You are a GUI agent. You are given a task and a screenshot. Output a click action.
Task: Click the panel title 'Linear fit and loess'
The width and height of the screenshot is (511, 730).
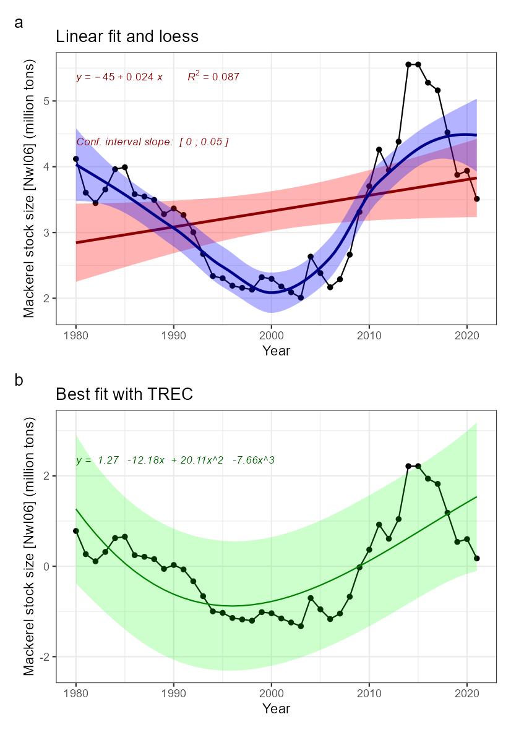[127, 36]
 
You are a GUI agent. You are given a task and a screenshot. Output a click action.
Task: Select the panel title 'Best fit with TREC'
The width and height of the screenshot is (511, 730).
[124, 394]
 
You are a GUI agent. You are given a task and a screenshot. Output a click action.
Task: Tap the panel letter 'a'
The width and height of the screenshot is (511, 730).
[19, 23]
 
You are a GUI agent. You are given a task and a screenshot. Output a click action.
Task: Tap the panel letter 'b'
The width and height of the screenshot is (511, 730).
[19, 380]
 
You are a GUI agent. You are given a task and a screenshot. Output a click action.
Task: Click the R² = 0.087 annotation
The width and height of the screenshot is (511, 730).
[213, 77]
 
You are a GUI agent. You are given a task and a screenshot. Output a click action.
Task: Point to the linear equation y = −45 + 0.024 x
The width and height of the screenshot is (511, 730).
[119, 77]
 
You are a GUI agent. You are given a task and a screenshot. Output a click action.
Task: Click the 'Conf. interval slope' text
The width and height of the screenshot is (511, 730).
[152, 142]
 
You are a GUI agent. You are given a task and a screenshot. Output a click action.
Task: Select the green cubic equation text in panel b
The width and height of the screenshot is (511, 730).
[175, 460]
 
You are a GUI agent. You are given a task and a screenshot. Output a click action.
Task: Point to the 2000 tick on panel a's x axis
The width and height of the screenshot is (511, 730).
[271, 334]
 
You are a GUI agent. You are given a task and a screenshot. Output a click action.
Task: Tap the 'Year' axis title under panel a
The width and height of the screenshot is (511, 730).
[276, 351]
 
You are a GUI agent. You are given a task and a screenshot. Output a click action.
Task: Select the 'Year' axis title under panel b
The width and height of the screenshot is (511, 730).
[276, 708]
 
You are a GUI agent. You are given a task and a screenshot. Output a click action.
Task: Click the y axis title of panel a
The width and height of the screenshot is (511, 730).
[29, 189]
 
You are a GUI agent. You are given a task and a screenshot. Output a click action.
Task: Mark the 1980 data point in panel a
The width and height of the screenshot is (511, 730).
[76, 159]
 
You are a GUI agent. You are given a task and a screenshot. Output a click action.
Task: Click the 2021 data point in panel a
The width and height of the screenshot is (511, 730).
[477, 199]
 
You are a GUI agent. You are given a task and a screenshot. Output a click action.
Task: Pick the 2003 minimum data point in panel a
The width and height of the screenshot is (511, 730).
[301, 297]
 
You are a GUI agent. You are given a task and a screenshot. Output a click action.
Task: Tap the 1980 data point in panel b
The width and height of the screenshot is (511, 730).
[76, 531]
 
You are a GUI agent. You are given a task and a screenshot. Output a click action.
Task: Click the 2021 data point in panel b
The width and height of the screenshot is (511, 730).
[477, 558]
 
